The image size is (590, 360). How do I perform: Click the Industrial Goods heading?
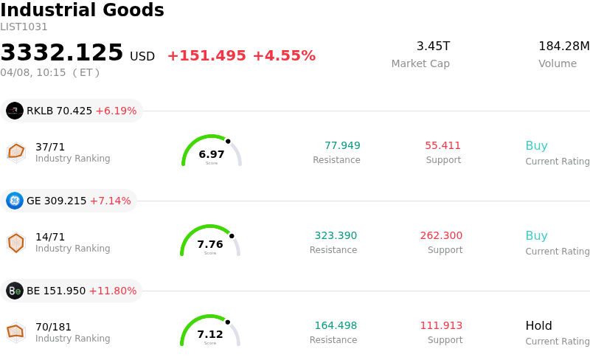[82, 11]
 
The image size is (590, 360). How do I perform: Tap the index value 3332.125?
[62, 53]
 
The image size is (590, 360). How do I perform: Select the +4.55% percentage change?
[284, 56]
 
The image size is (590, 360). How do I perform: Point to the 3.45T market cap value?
[433, 46]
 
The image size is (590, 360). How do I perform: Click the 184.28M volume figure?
[563, 46]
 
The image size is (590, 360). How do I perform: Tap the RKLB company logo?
[15, 111]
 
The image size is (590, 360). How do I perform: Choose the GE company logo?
[15, 201]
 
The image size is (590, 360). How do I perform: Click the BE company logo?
[15, 291]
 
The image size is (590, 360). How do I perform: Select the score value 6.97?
[212, 154]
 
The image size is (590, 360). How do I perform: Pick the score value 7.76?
[210, 244]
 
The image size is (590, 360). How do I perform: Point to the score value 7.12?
[210, 334]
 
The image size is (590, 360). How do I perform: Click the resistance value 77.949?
[342, 145]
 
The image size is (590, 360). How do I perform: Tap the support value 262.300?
[441, 235]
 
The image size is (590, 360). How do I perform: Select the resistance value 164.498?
[336, 325]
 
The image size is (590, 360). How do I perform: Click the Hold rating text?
[538, 325]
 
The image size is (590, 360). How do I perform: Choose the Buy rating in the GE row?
[536, 235]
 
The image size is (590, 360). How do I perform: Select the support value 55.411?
[442, 145]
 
